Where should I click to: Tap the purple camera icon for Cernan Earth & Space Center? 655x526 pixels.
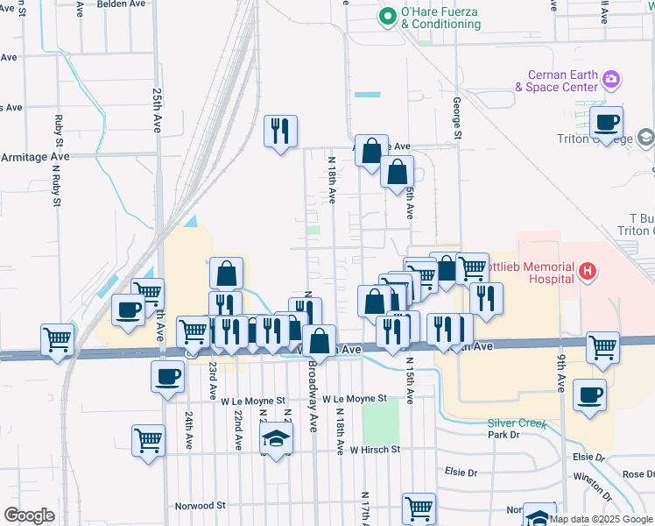[x=611, y=81]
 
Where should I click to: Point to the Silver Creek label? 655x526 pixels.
[x=517, y=424]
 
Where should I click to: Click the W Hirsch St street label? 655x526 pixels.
[x=374, y=449]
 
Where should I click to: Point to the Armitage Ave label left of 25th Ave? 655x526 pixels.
[x=35, y=156]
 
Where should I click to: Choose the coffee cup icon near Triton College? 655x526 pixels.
[x=605, y=123]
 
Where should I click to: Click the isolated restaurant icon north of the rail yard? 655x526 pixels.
[x=281, y=131]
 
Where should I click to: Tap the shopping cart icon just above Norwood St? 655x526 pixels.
[x=419, y=508]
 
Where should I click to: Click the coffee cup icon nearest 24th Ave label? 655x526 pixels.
[x=167, y=378]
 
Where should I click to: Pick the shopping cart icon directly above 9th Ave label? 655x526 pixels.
[x=602, y=347]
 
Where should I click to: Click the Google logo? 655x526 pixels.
[x=29, y=515]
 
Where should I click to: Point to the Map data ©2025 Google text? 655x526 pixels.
[x=600, y=519]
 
